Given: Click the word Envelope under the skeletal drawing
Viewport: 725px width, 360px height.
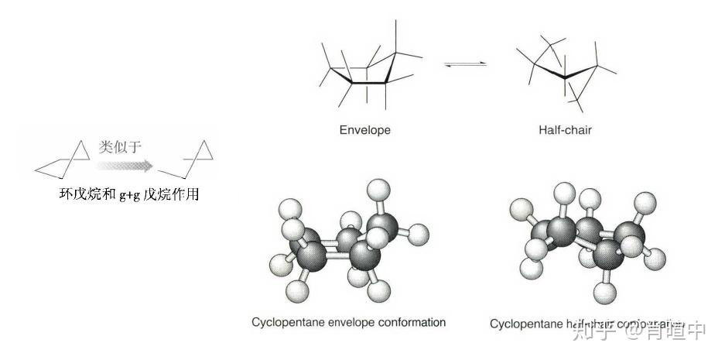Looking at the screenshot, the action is [x=364, y=130].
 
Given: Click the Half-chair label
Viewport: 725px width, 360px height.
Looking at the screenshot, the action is [x=565, y=130].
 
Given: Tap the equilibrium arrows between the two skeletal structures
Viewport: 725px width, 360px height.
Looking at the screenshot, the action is [x=466, y=63].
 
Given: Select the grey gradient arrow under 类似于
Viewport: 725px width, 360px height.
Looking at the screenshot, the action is [x=125, y=164].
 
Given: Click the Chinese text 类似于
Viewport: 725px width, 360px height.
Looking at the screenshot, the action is [x=121, y=146].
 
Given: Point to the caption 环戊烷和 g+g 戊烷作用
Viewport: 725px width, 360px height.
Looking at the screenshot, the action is [x=129, y=194].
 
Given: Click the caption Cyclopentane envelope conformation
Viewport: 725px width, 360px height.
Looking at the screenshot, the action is [x=349, y=321].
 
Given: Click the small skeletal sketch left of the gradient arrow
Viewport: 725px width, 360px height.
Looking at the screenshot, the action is [x=66, y=160].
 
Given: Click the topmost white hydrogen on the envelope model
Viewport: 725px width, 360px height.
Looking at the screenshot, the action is [x=378, y=189].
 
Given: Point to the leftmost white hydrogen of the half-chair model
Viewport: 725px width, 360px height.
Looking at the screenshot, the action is [x=521, y=207].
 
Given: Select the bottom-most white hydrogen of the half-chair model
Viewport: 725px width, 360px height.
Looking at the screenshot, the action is [x=603, y=292].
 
